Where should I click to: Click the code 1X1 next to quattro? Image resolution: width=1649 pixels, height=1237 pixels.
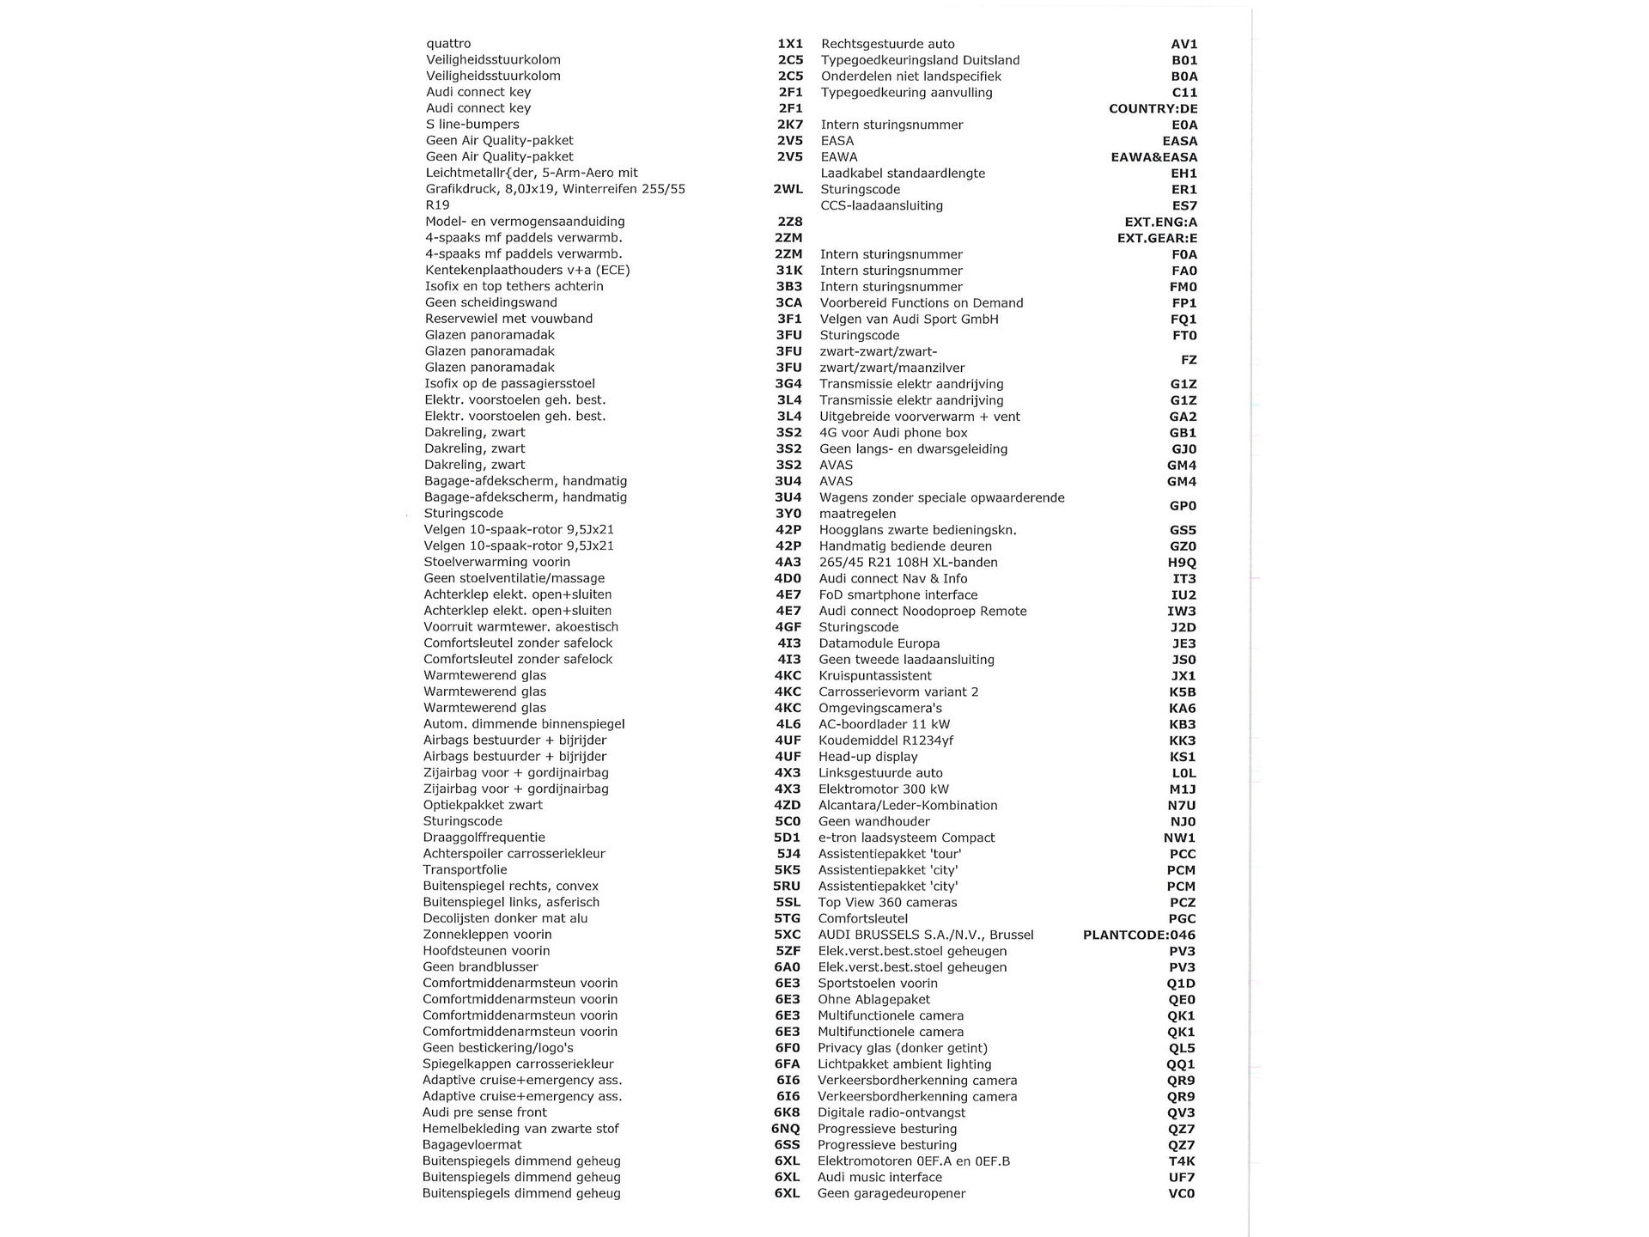[789, 44]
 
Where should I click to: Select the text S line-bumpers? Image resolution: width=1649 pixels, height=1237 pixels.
[472, 125]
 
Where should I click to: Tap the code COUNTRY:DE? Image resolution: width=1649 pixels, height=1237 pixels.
[1153, 109]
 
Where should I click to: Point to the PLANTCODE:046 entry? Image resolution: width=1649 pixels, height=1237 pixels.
[1139, 935]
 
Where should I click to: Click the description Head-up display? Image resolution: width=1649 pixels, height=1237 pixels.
[867, 757]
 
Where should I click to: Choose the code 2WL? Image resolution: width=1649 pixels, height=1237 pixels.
[788, 189]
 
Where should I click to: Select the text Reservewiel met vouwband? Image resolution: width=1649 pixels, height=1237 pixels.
[508, 319]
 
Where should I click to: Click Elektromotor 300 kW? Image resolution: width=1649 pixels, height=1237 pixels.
[883, 789]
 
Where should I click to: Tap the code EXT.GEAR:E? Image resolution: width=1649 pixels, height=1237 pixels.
[1157, 238]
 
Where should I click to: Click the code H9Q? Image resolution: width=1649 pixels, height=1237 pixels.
[1182, 563]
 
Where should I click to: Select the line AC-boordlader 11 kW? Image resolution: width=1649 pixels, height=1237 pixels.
[884, 724]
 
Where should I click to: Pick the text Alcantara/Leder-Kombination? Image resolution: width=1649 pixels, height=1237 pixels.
[908, 806]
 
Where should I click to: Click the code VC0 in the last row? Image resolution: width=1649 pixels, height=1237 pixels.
[1181, 1193]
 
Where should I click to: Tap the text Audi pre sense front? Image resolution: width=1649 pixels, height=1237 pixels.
[484, 1112]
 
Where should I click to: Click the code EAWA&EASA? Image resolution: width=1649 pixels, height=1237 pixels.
[1153, 157]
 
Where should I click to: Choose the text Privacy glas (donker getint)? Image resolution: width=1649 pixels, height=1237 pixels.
[902, 1048]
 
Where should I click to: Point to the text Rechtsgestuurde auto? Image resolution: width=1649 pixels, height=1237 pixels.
[887, 44]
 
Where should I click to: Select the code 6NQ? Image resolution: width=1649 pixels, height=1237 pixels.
[785, 1129]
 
